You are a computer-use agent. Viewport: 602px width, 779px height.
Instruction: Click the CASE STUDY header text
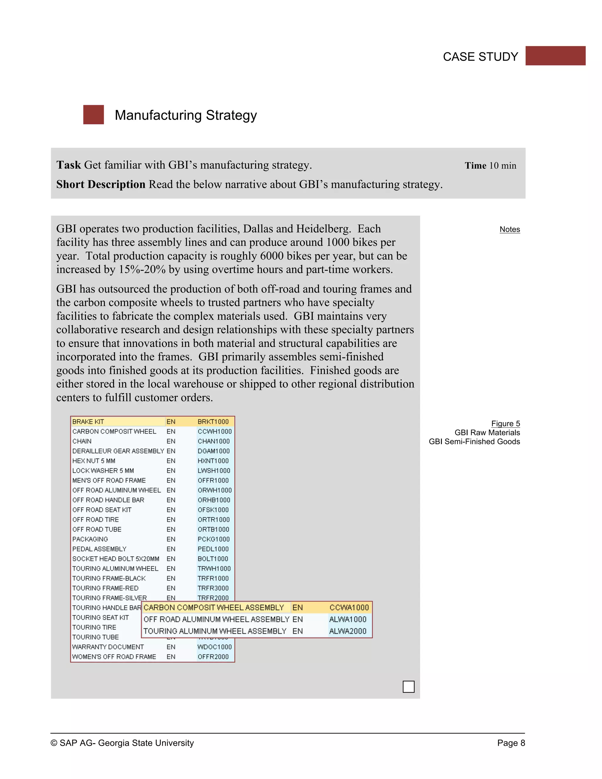(480, 57)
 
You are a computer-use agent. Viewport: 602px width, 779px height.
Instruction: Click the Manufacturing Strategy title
(185, 115)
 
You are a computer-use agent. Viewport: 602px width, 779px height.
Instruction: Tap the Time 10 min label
(490, 166)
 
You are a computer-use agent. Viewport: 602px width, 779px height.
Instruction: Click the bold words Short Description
(101, 184)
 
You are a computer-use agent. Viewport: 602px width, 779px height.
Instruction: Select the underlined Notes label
(509, 229)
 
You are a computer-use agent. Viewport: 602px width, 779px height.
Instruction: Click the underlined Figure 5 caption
(505, 423)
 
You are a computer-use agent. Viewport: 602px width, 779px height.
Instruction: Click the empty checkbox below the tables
(408, 687)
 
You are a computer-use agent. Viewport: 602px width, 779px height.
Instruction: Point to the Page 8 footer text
(511, 743)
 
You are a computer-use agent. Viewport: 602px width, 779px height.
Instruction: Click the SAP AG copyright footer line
(122, 743)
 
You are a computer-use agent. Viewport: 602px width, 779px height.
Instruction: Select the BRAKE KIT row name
(88, 422)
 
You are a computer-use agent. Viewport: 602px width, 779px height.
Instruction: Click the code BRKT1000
(213, 422)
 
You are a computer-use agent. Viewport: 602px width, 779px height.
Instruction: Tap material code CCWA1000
(349, 607)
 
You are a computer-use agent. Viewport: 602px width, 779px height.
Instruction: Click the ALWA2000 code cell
(347, 631)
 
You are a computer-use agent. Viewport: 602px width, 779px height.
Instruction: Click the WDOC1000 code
(214, 647)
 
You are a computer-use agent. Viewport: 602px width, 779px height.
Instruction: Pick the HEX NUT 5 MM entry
(93, 461)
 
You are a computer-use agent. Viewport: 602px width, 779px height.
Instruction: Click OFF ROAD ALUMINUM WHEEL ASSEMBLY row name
(216, 619)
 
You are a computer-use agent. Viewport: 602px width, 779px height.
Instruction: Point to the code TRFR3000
(213, 588)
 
